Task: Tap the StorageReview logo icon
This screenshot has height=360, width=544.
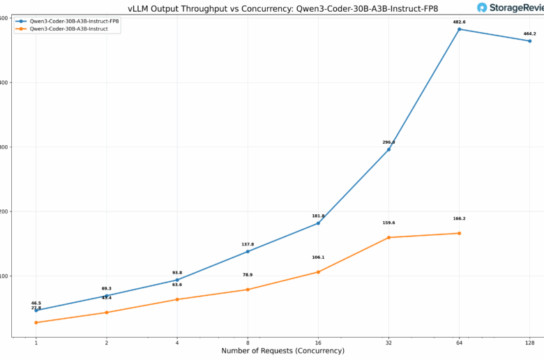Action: pos(483,8)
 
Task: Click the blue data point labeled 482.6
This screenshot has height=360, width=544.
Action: pos(459,29)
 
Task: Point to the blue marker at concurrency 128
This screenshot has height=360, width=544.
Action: pos(529,41)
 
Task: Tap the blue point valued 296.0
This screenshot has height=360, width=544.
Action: pos(388,149)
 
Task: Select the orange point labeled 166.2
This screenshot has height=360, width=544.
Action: pos(459,233)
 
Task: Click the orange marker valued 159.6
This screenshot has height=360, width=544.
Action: pos(388,237)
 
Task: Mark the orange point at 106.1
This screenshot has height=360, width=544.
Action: pos(318,272)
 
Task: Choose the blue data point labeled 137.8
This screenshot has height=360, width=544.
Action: pos(248,251)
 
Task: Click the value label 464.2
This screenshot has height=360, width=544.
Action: pos(529,33)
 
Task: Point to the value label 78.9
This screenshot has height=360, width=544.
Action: pos(248,275)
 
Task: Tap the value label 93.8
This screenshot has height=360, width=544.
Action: pos(177,273)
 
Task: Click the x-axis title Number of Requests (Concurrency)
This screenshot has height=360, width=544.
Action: pos(282,351)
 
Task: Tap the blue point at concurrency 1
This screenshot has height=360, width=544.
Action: pos(36,310)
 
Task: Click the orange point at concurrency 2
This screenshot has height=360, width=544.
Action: pos(107,313)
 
